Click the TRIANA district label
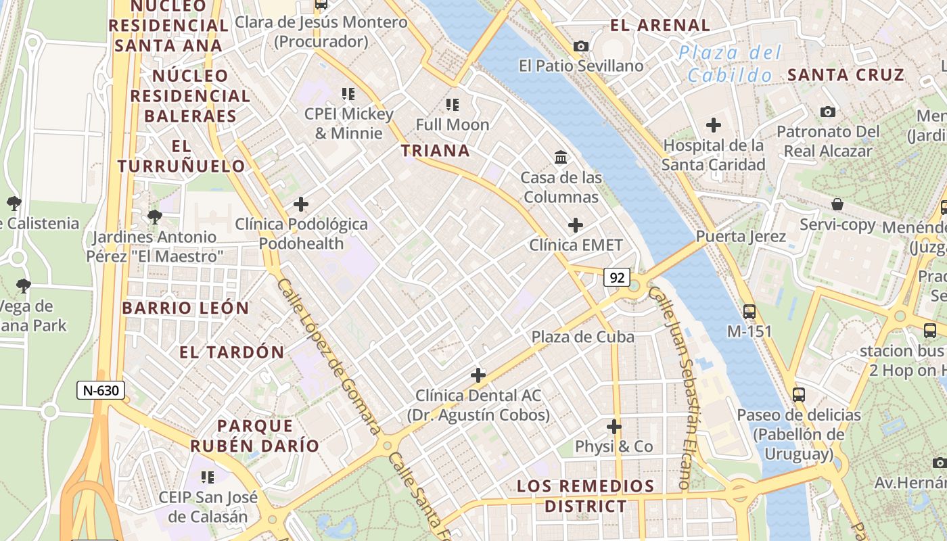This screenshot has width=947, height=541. [x=436, y=150]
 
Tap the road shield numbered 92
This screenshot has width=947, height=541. [x=616, y=277]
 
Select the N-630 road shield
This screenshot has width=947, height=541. [x=100, y=390]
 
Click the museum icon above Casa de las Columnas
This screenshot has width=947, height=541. [x=561, y=158]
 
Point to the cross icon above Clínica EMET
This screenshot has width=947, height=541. [x=576, y=225]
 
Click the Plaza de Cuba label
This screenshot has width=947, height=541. [x=582, y=337]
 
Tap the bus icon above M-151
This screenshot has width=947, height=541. [x=749, y=312]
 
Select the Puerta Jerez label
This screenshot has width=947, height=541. [x=741, y=237]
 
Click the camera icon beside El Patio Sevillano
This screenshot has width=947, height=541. [x=580, y=46]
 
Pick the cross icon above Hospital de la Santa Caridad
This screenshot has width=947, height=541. [x=713, y=125]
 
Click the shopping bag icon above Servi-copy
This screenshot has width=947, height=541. [x=837, y=204]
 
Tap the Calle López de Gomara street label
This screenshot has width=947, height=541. [x=329, y=357]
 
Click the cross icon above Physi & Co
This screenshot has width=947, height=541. [x=614, y=427]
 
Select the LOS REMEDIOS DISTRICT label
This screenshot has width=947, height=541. [x=586, y=496]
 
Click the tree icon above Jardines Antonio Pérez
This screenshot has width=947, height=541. [x=155, y=217]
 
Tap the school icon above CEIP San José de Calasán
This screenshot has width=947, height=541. [x=208, y=477]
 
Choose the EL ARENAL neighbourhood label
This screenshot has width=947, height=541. [x=660, y=26]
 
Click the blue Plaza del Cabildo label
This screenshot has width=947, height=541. [x=730, y=64]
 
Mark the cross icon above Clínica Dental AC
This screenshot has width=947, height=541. [x=478, y=375]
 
